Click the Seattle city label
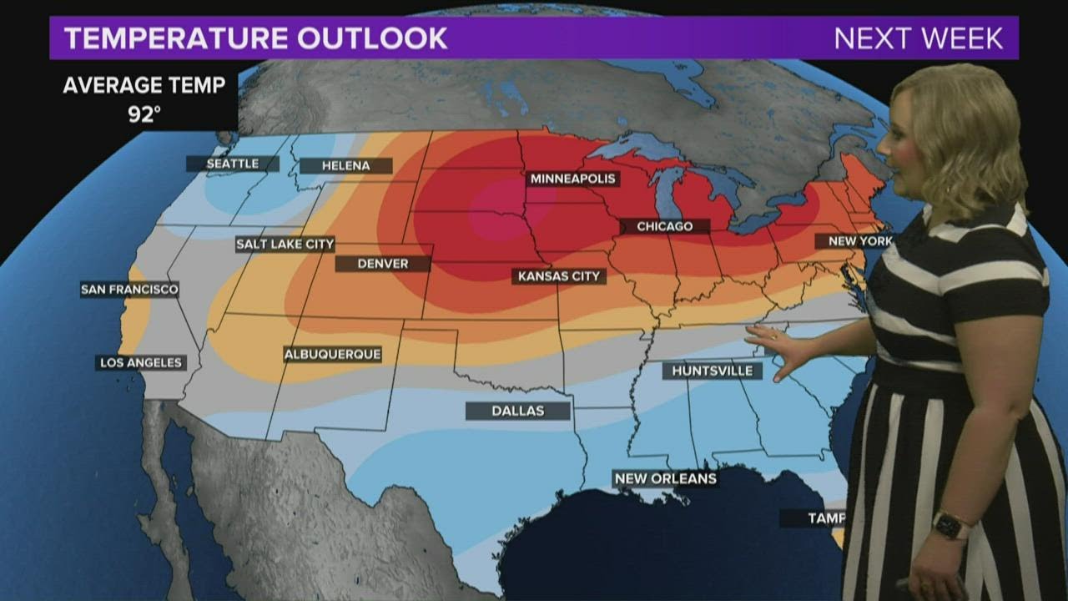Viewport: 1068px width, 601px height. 232,164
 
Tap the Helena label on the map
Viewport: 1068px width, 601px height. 345,165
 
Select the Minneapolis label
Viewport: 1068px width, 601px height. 572,179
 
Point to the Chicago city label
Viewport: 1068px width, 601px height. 664,226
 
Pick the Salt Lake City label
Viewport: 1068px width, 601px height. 285,245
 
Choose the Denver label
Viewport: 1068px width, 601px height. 382,264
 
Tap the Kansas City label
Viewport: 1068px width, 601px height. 559,276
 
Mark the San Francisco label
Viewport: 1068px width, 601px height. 129,290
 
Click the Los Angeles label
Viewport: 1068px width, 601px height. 140,362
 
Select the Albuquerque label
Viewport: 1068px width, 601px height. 332,354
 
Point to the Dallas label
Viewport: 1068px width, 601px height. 517,411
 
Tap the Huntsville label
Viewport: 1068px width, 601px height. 712,371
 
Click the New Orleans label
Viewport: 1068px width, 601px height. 664,478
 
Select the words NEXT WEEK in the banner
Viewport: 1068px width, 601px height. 918,38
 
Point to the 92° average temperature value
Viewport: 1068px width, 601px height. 144,114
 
